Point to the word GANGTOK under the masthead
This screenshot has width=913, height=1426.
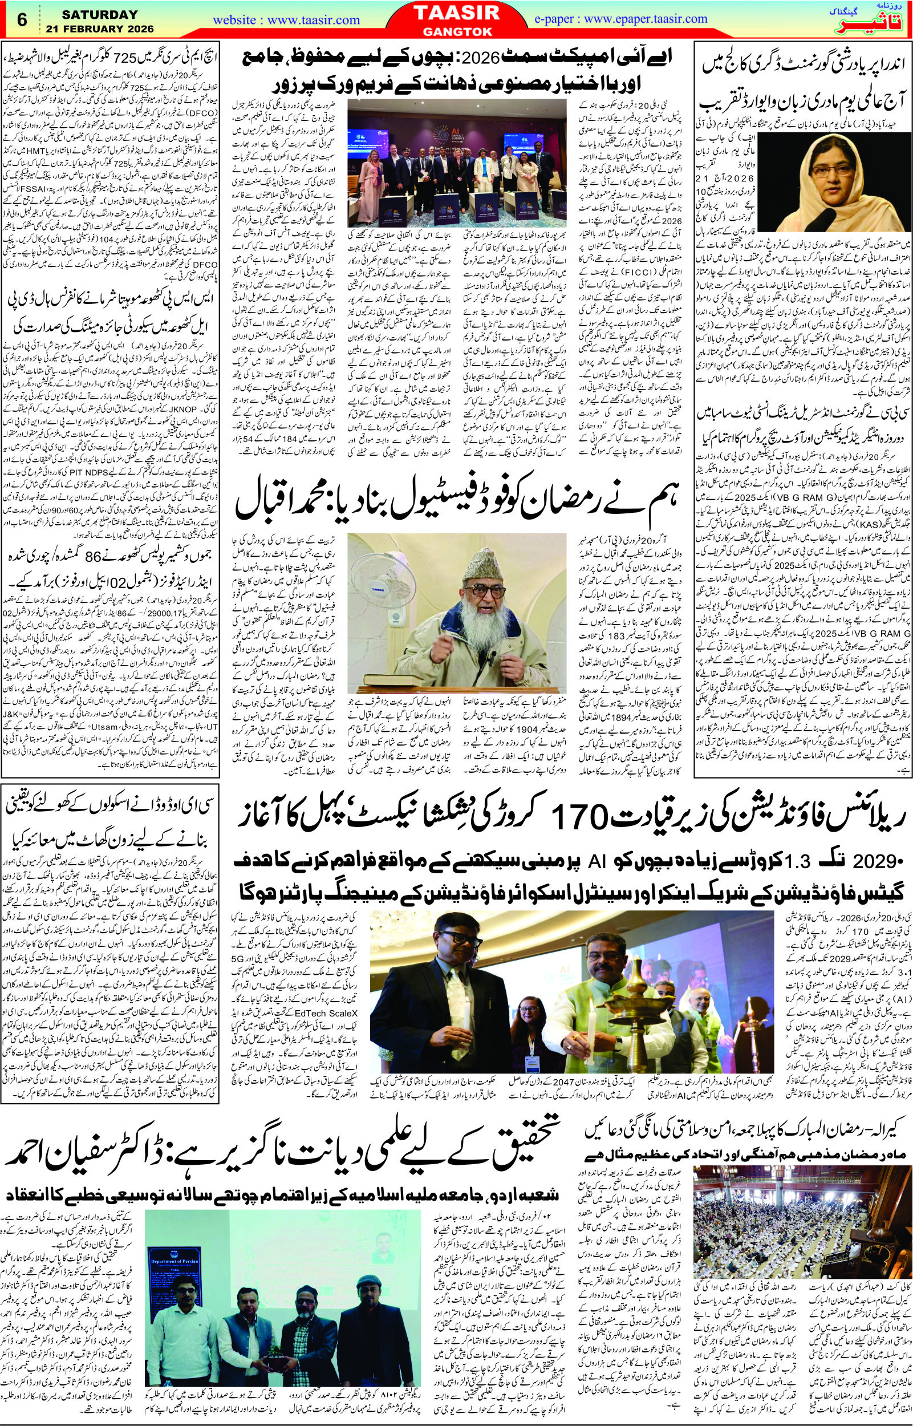pyautogui.click(x=456, y=31)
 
